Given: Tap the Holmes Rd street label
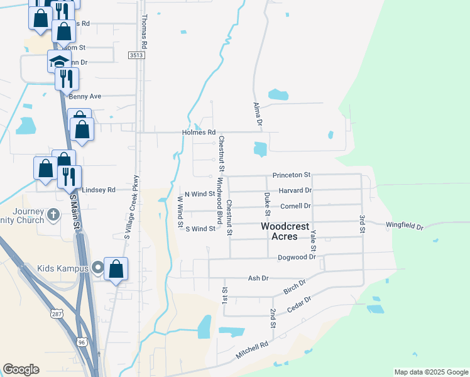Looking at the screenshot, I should [199, 133].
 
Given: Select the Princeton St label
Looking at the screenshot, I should [292, 175].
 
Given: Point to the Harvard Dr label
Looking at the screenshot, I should [296, 190].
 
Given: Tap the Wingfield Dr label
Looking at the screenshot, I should [405, 225].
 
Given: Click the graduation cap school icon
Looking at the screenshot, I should [59, 62].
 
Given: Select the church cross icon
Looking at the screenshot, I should [55, 214].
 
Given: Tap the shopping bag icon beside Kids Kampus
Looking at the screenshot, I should [116, 269].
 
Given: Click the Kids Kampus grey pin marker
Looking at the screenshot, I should [97, 268].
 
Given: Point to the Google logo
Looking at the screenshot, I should [21, 369].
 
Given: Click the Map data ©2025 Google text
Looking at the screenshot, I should [430, 372].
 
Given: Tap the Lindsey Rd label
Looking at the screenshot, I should [101, 190].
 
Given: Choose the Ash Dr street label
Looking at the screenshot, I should [258, 278].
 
